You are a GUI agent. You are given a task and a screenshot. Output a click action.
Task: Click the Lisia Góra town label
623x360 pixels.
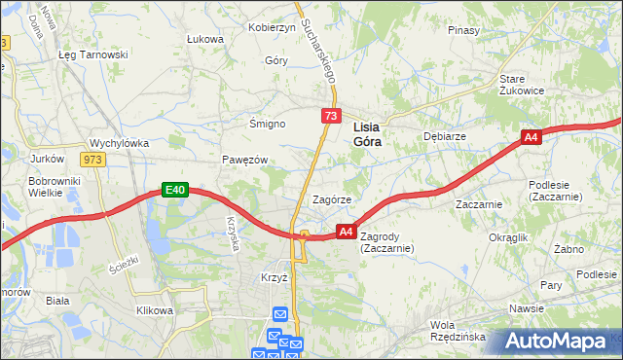click(366, 133)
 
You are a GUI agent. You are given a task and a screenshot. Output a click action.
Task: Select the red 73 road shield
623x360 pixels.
click(332, 117)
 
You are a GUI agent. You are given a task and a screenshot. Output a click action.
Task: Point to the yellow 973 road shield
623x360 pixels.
click(93, 160)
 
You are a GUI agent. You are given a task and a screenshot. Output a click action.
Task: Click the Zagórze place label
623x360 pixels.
click(331, 199)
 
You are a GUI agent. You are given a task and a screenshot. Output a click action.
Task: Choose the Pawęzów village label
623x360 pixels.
click(244, 160)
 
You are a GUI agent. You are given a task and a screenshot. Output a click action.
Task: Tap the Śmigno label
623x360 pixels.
click(266, 125)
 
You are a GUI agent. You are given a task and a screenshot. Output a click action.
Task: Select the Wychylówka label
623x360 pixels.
click(119, 143)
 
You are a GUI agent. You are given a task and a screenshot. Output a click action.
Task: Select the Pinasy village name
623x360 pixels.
click(464, 30)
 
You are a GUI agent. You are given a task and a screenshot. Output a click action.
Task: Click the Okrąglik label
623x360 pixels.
click(508, 237)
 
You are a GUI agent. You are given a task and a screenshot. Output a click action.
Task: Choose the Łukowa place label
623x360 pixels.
click(205, 40)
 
